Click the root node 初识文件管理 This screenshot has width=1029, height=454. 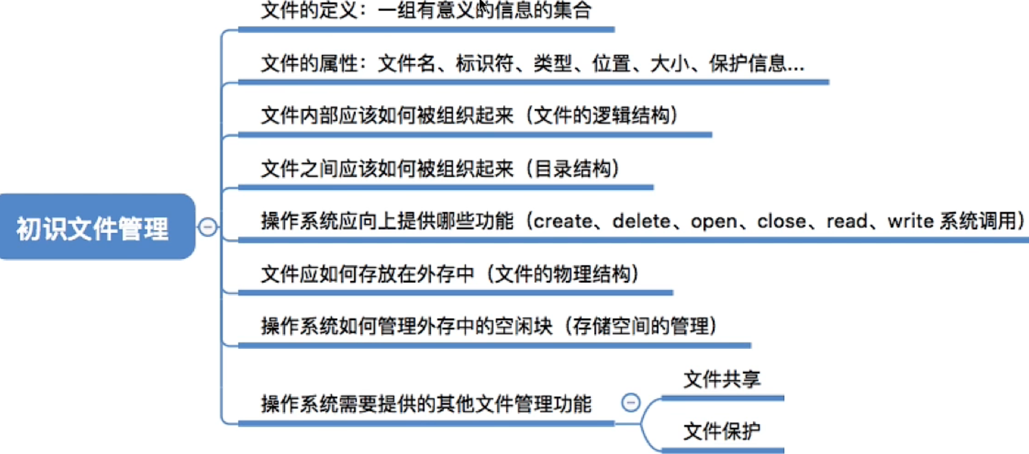coord(97,227)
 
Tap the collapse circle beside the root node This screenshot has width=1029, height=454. coord(207,227)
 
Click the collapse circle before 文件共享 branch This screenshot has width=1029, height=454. coord(631,402)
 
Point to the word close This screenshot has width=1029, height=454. coord(782,221)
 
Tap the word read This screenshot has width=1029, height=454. coord(847,221)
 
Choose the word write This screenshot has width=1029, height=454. coord(910,221)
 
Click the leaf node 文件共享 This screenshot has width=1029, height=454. coord(721,380)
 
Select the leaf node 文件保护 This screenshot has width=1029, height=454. coord(721,431)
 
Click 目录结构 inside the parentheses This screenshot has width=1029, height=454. coord(573,169)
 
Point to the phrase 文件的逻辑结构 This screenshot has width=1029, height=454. coord(602,116)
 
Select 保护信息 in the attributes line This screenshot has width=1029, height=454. coord(747,63)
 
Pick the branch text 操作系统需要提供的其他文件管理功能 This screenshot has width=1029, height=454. coord(426,404)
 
